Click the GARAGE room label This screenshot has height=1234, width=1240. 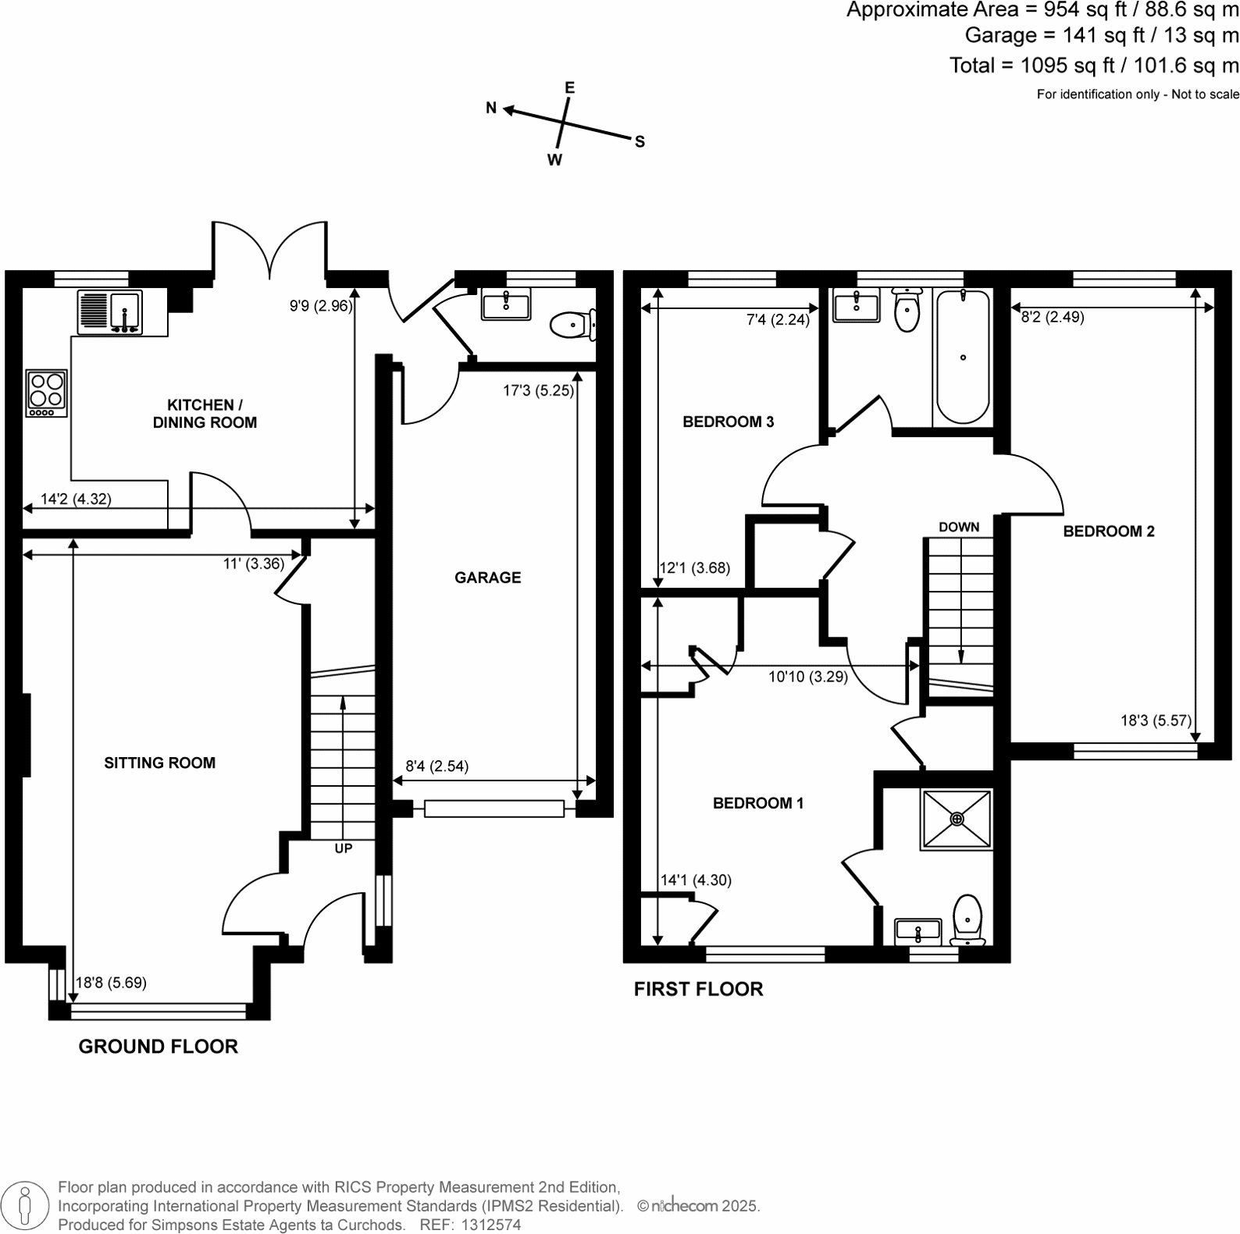pyautogui.click(x=487, y=578)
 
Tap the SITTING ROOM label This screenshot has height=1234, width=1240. pyautogui.click(x=159, y=763)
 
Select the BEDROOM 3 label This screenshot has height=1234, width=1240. pyautogui.click(x=728, y=422)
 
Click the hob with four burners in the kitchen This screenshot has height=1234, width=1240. pyautogui.click(x=46, y=393)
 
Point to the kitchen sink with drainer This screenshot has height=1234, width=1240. pyautogui.click(x=110, y=311)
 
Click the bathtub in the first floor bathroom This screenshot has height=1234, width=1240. pyautogui.click(x=963, y=356)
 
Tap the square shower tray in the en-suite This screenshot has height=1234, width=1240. pyautogui.click(x=957, y=818)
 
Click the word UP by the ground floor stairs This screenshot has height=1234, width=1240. pyautogui.click(x=344, y=848)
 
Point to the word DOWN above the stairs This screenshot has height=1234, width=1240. pyautogui.click(x=959, y=527)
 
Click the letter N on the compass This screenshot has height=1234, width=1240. pyautogui.click(x=491, y=108)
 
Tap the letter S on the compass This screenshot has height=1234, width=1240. pyautogui.click(x=640, y=142)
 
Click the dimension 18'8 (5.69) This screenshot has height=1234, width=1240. pyautogui.click(x=111, y=983)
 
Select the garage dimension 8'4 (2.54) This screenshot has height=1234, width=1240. pyautogui.click(x=436, y=766)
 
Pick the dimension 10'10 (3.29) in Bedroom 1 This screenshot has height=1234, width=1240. pyautogui.click(x=807, y=677)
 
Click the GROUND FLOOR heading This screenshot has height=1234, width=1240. pyautogui.click(x=158, y=1047)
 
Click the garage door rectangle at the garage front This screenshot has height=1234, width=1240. pyautogui.click(x=494, y=809)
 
